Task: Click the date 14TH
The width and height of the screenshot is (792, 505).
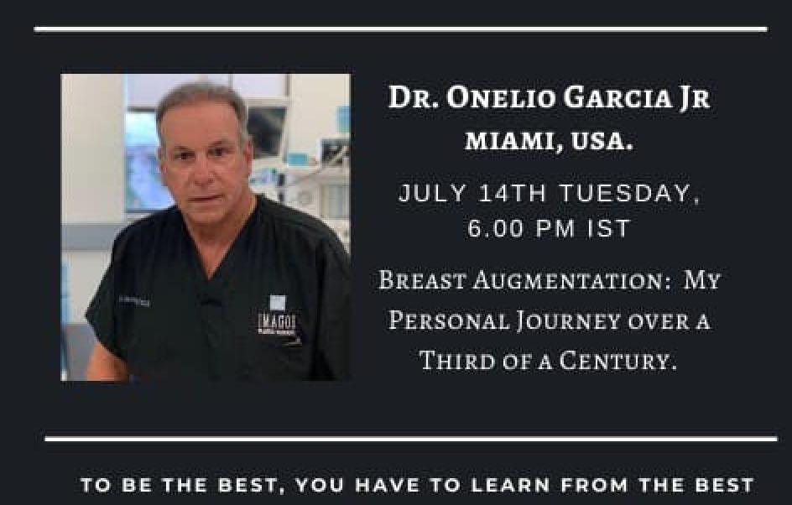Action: click(x=512, y=193)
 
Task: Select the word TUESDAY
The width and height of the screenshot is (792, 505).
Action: click(x=629, y=194)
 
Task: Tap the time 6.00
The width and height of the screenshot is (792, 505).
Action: click(x=496, y=228)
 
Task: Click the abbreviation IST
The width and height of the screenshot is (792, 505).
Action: click(x=608, y=228)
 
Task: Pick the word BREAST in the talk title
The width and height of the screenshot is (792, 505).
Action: click(x=421, y=280)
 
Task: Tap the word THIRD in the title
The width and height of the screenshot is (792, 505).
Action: click(x=457, y=361)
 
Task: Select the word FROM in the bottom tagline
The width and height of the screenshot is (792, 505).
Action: click(x=595, y=485)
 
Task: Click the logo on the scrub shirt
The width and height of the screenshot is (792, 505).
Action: click(x=278, y=318)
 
